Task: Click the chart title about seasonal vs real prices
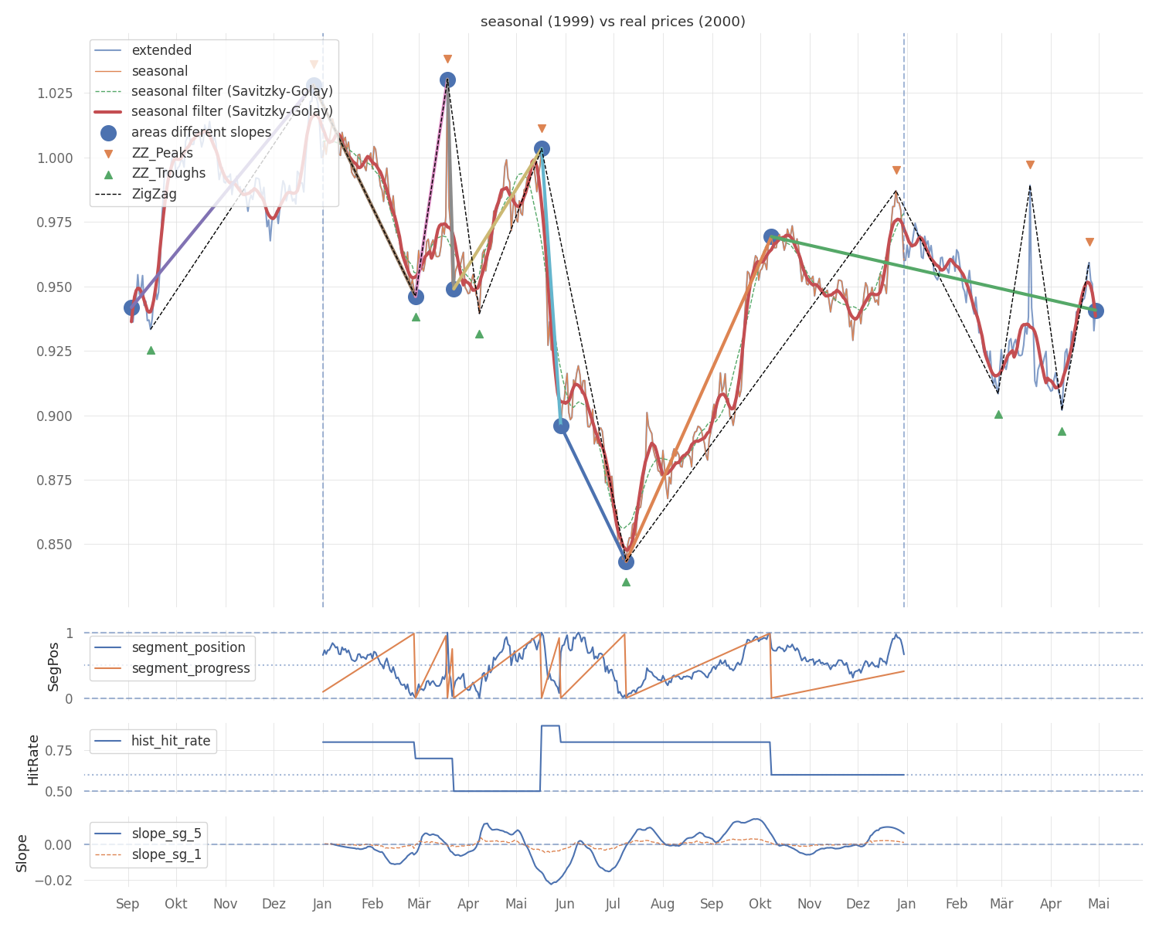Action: click(613, 22)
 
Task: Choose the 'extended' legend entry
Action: click(143, 50)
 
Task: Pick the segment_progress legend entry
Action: click(172, 668)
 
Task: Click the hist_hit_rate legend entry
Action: click(152, 741)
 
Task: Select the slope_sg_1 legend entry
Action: click(148, 854)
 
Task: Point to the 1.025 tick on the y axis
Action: click(54, 93)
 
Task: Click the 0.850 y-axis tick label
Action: click(54, 544)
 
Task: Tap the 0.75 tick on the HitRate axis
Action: click(59, 750)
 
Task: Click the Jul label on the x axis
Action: click(613, 904)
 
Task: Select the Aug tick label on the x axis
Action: click(662, 905)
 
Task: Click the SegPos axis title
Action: click(53, 667)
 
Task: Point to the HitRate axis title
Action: click(33, 760)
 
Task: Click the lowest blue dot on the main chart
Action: click(626, 562)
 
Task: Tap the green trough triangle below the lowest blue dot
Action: click(626, 582)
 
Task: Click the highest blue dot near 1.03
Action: click(447, 80)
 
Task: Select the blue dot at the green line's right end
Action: click(1096, 311)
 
